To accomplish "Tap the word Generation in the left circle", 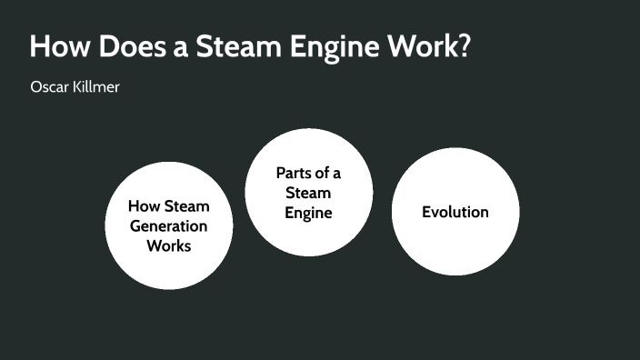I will pyautogui.click(x=169, y=225).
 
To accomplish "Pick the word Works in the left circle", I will pyautogui.click(x=169, y=245).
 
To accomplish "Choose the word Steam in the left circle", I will pyautogui.click(x=187, y=206).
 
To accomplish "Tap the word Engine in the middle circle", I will pyautogui.click(x=308, y=213).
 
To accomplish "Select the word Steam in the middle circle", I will pyautogui.click(x=308, y=193).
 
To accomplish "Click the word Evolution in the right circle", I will pyautogui.click(x=455, y=212).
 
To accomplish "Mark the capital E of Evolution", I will pyautogui.click(x=426, y=212).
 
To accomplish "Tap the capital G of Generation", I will pyautogui.click(x=135, y=225).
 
